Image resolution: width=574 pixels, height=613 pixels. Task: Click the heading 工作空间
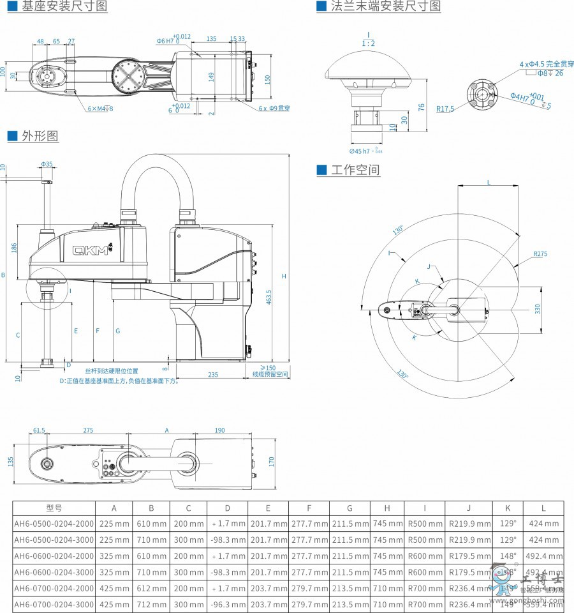[355, 170]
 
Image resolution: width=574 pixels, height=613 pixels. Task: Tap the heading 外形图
[40, 136]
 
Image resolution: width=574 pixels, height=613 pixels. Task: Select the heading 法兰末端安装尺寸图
[386, 6]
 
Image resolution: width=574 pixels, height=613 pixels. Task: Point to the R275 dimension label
[541, 254]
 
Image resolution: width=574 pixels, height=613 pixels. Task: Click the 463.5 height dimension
[269, 297]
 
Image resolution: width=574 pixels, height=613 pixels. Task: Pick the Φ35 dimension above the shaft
[47, 164]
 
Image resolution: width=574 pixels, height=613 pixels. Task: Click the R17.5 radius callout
[445, 109]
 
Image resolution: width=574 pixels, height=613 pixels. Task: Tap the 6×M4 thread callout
[100, 109]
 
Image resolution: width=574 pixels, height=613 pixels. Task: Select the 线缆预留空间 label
[270, 374]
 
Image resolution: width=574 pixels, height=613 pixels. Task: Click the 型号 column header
[54, 508]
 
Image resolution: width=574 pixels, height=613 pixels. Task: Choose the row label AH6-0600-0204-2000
[54, 556]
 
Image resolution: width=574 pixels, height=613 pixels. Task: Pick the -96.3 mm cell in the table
[228, 604]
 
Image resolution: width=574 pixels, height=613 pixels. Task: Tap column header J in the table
[468, 508]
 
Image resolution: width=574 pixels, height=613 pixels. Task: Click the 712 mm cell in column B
[151, 604]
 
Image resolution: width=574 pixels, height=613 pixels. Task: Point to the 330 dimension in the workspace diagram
[537, 308]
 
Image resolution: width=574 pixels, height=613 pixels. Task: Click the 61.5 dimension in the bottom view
[39, 430]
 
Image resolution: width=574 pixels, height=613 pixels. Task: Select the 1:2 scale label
[368, 43]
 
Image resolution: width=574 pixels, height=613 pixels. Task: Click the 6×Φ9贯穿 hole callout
[274, 109]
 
